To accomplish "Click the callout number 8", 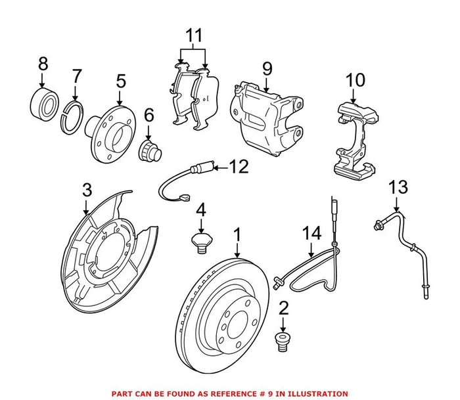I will pos(43,64).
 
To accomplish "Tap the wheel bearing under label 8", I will pos(43,102).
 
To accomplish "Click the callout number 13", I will pos(398,188).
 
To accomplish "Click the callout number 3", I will pos(87,191).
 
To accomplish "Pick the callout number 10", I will pos(355,81).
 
